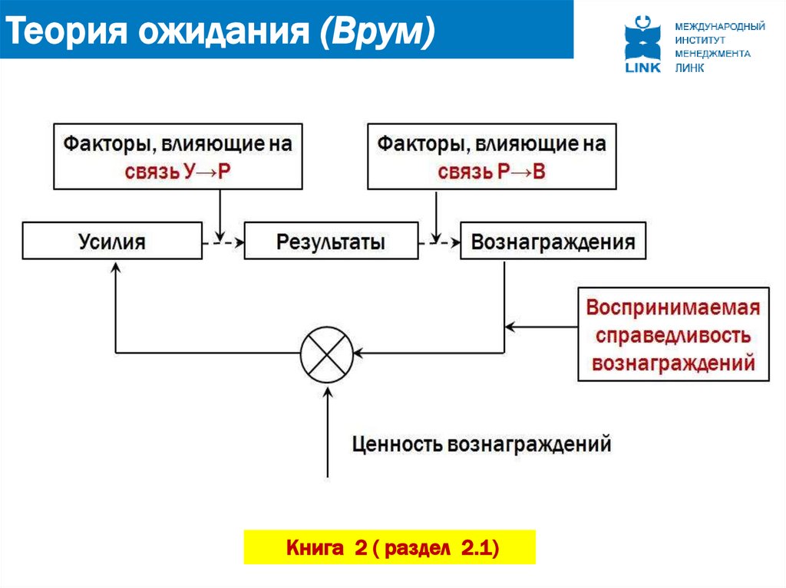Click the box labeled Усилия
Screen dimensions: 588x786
pos(112,241)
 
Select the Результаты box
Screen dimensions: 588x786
pos(331,241)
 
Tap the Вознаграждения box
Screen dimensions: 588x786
pos(553,241)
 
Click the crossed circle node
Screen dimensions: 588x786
pos(326,353)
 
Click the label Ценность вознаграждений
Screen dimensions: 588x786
pos(481,444)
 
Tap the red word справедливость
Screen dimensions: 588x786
pos(672,335)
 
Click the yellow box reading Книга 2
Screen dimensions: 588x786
pos(389,547)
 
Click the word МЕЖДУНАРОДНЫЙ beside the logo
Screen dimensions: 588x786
pos(719,27)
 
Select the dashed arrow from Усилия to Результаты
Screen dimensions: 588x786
pos(223,241)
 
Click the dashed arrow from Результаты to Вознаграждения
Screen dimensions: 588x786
pos(439,241)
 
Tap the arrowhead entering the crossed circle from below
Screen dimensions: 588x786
pos(328,393)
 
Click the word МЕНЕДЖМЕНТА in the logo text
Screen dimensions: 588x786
pos(712,54)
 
